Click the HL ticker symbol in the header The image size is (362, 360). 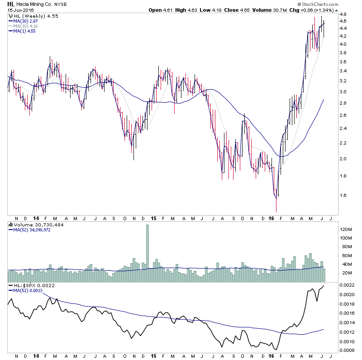[x=11, y=4]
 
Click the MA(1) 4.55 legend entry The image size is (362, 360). [x=22, y=31]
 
